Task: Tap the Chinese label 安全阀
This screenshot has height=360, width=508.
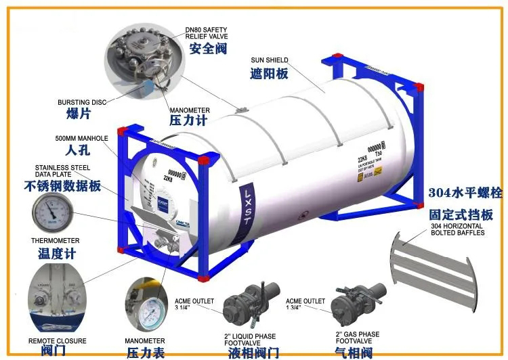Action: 207,49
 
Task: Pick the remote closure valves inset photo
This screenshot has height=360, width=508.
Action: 56,297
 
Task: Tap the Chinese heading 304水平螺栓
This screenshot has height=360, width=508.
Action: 465,193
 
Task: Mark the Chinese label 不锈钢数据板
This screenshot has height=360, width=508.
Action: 62,185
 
